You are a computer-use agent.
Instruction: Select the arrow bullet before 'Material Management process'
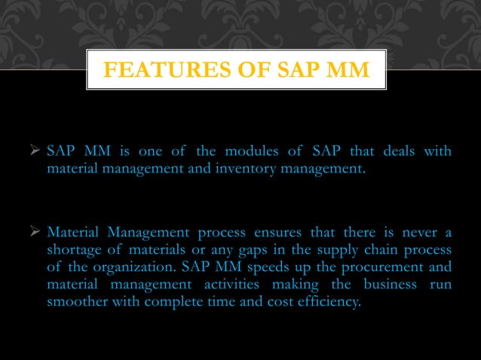click(x=35, y=231)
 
